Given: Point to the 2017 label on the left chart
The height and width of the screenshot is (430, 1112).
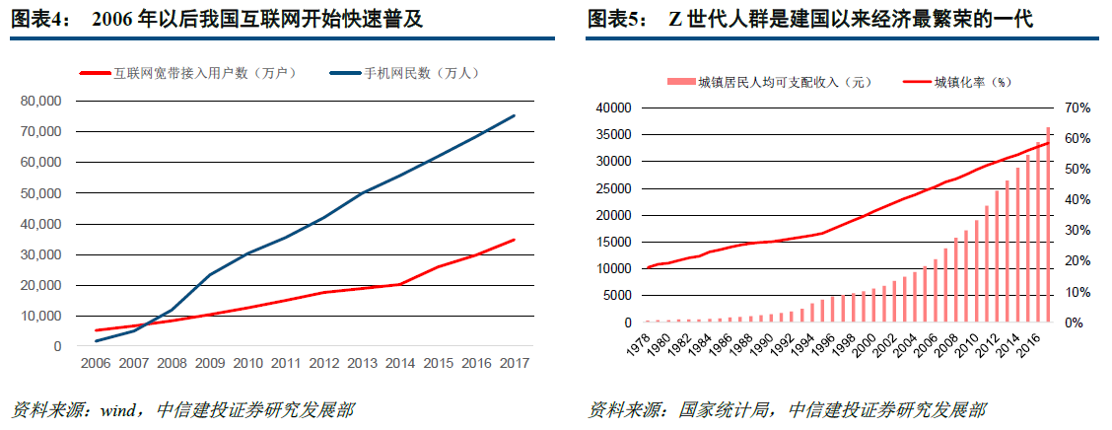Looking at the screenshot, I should coord(514,363).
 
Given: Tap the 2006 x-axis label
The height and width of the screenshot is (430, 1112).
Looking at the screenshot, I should coord(96,363).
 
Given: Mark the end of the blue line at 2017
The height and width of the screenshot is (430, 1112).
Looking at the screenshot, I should coord(514,115).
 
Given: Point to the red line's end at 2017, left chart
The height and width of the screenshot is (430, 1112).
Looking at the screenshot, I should coord(514,240).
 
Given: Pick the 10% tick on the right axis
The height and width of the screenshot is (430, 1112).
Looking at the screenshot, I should coord(1077,292).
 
